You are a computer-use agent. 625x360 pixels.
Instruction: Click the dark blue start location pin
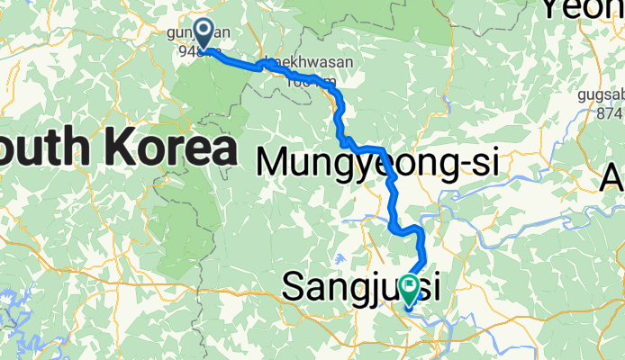(204, 34)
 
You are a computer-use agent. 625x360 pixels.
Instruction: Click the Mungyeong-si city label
(378, 163)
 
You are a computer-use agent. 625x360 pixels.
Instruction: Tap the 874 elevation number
(608, 112)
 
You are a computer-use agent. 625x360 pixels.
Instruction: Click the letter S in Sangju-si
(295, 287)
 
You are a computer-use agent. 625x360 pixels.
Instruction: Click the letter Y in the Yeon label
(551, 10)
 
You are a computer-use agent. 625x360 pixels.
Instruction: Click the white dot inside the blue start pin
(204, 31)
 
